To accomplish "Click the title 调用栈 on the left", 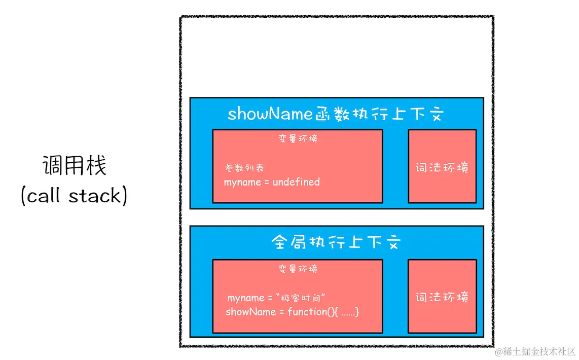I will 74,166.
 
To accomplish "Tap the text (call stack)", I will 74,196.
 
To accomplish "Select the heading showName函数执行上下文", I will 336,114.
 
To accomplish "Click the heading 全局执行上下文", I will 336,242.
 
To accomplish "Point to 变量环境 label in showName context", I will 298,138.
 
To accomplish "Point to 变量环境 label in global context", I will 298,268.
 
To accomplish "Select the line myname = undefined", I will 272,182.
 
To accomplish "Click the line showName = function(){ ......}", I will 292,312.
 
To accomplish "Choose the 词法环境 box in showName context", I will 442,166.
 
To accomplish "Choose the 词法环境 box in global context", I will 442,297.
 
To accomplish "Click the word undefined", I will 296,182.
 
